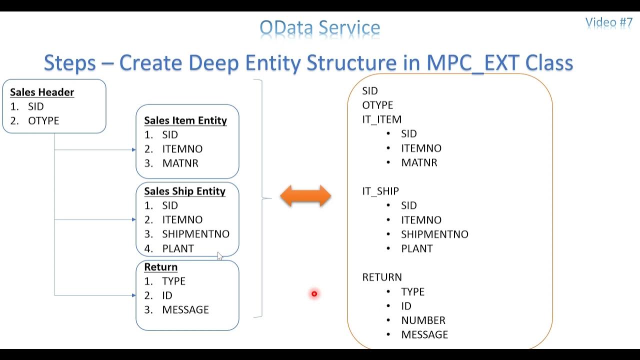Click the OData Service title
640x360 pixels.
(320, 28)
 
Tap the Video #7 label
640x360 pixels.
(608, 22)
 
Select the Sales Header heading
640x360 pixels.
(42, 92)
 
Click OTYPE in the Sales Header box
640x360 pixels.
(43, 121)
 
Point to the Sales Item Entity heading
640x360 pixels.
(185, 120)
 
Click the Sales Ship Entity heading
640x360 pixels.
(184, 191)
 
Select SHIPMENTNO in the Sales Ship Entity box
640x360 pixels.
(195, 234)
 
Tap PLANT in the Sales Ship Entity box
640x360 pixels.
(178, 248)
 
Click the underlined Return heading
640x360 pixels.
(160, 267)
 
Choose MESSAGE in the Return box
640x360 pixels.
(185, 310)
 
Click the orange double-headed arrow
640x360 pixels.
(305, 196)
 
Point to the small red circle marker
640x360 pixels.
(314, 294)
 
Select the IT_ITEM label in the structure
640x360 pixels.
(382, 119)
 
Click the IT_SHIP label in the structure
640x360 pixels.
(380, 191)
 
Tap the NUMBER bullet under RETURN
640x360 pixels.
(423, 320)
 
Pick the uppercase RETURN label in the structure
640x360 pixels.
(382, 277)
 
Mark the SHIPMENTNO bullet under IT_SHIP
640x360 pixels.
(434, 234)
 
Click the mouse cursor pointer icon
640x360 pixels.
(220, 256)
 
